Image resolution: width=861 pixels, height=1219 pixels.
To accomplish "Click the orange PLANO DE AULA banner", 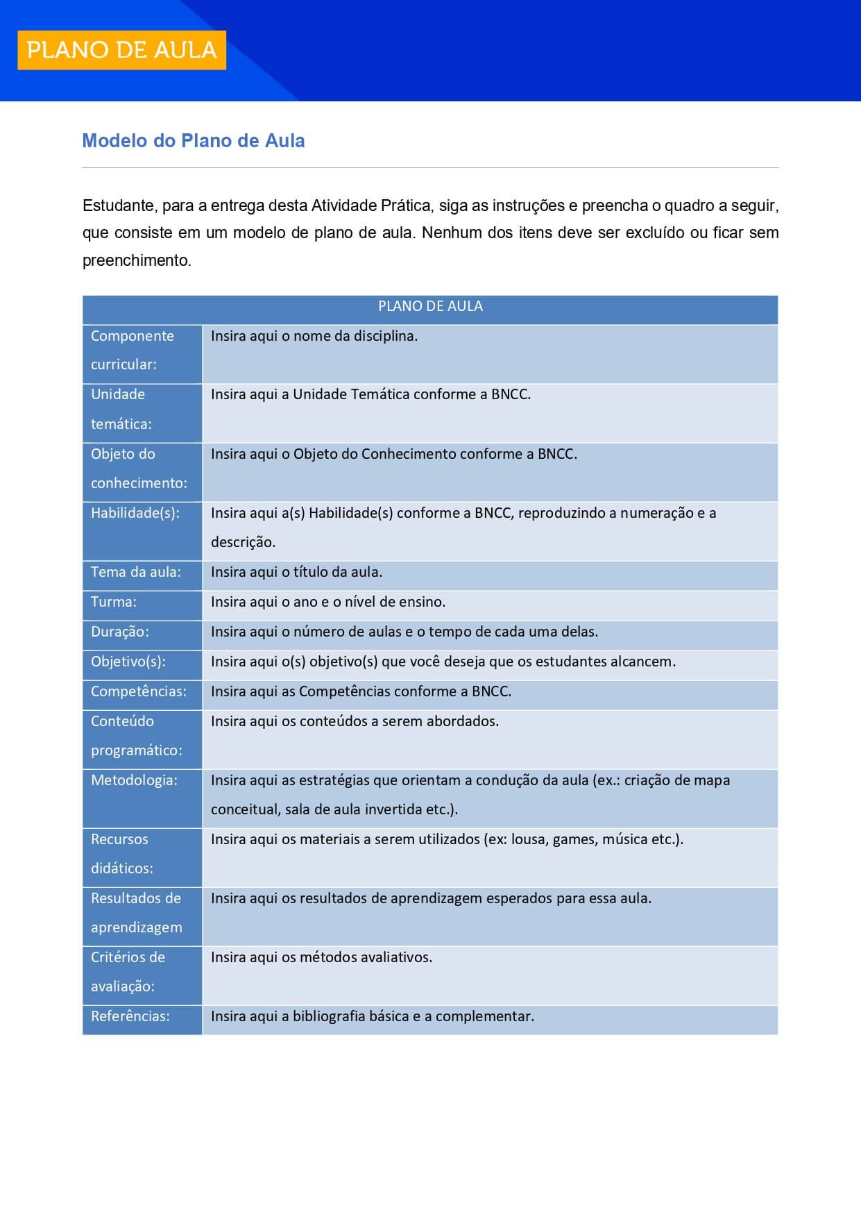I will click(x=121, y=50).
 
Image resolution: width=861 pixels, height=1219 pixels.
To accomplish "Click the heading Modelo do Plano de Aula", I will click(x=193, y=141).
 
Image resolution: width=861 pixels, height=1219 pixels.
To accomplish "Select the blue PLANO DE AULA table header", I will click(x=430, y=306).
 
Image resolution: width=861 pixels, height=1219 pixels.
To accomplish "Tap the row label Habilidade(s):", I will click(x=135, y=513).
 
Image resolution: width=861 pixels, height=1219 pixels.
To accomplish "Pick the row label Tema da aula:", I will click(x=136, y=572).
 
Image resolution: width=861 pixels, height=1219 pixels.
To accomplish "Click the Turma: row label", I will click(x=114, y=602).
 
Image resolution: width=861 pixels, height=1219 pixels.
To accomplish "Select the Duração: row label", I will click(x=120, y=632).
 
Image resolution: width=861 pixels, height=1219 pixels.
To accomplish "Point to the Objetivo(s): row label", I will click(x=128, y=662).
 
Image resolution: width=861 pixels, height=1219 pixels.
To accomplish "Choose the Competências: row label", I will click(x=139, y=691).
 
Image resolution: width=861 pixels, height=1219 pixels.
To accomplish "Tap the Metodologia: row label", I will click(x=134, y=780).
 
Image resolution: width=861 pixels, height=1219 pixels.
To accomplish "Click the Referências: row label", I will click(x=130, y=1016).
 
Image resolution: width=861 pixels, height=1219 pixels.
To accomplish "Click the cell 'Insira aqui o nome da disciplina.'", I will click(x=314, y=336).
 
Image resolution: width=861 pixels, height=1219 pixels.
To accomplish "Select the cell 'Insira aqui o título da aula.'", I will click(x=297, y=572).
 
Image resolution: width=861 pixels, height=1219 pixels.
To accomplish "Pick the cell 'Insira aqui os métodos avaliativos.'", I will click(x=321, y=957).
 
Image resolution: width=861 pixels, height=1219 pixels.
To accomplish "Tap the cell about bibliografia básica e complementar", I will click(x=373, y=1016).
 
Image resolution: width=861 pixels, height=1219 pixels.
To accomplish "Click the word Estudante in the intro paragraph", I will click(x=118, y=205).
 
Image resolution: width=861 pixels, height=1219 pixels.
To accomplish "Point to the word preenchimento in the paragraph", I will click(x=136, y=261).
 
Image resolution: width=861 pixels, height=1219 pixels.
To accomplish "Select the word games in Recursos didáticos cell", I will click(x=573, y=839).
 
